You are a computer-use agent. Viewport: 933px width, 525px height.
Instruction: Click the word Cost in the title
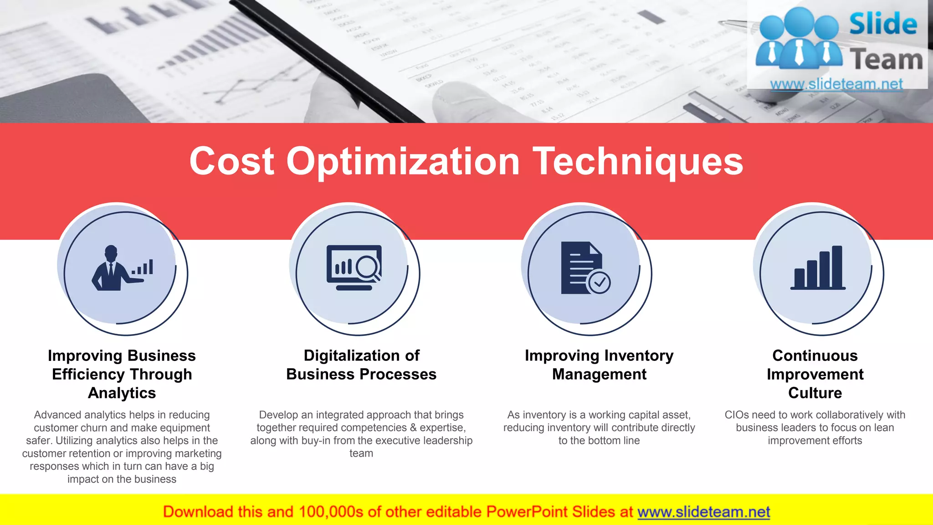[x=232, y=161]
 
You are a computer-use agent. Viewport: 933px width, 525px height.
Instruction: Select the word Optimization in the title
[x=403, y=162]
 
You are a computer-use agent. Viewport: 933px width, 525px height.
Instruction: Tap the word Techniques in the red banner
[x=638, y=162]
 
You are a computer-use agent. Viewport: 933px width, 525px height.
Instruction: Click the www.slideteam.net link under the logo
[x=836, y=84]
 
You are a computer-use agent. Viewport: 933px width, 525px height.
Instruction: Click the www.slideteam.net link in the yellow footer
[x=703, y=512]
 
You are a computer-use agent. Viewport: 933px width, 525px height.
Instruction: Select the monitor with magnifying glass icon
[x=354, y=268]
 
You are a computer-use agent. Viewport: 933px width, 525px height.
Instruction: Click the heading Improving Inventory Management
[x=599, y=365]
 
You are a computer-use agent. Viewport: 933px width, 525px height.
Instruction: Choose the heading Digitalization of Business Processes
[x=361, y=365]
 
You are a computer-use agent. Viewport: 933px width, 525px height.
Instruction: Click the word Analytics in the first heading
[x=122, y=393]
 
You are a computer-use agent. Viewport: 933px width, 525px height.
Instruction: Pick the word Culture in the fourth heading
[x=815, y=393]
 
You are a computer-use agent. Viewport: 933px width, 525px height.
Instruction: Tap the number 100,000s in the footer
[x=331, y=512]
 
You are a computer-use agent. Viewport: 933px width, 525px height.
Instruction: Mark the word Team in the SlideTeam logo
[x=886, y=60]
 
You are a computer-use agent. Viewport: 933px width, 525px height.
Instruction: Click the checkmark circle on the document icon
[x=600, y=283]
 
